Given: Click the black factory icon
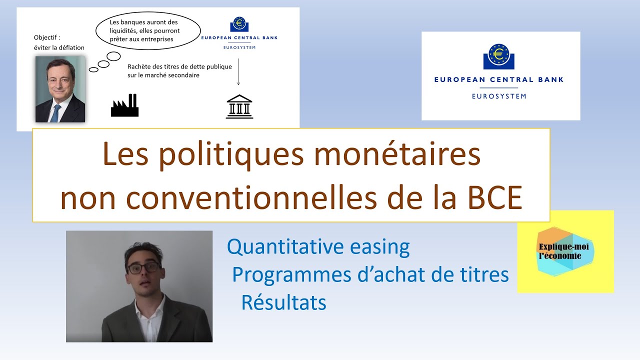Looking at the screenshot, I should tap(124, 105).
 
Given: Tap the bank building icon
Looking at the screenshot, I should tap(239, 106).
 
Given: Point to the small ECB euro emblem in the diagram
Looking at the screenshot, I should tap(238, 24).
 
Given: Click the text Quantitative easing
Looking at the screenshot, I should tap(318, 246).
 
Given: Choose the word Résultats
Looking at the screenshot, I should tap(283, 302).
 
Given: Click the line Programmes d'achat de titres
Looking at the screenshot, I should tap(370, 274).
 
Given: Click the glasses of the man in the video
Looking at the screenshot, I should tap(143, 268).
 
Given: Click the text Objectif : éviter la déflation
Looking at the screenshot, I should tap(59, 42).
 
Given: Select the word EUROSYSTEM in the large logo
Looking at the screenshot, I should tap(498, 96).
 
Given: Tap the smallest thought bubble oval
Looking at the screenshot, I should tap(93, 69).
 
